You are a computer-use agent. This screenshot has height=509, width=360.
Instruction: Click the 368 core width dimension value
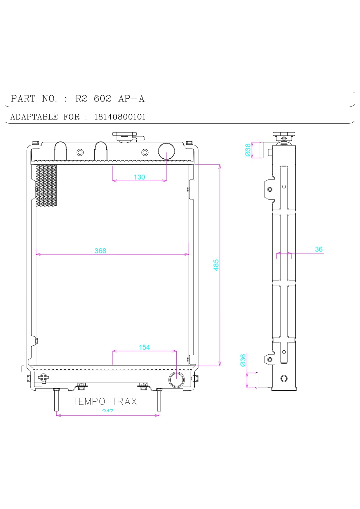tap(100, 251)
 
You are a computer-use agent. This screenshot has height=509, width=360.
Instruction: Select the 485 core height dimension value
tap(216, 265)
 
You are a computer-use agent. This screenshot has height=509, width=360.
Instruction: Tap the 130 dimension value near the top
tap(139, 177)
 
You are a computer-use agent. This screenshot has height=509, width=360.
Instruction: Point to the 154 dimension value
tap(144, 347)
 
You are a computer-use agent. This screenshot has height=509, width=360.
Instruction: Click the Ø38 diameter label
tap(248, 150)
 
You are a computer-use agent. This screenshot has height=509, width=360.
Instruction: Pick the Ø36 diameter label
tap(243, 360)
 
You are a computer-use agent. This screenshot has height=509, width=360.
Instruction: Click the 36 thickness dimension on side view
tap(319, 249)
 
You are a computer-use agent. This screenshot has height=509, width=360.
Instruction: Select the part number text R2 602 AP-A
tap(110, 99)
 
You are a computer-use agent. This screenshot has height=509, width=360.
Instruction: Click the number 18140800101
tap(120, 117)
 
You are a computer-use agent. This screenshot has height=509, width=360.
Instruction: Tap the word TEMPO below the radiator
tap(89, 401)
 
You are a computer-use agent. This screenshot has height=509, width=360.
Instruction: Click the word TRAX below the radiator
tap(124, 401)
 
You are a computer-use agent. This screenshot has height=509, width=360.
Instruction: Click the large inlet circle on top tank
tap(167, 151)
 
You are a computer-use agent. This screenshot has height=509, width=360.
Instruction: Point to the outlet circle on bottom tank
tap(176, 379)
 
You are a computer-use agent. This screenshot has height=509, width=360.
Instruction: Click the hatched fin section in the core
tap(46, 185)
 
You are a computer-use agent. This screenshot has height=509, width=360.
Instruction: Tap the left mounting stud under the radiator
tap(57, 400)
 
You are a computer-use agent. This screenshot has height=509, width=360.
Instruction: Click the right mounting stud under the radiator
tap(159, 400)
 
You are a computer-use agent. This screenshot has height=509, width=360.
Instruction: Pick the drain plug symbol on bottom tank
tap(44, 378)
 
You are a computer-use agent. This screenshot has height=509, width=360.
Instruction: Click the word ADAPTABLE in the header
tap(34, 117)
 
